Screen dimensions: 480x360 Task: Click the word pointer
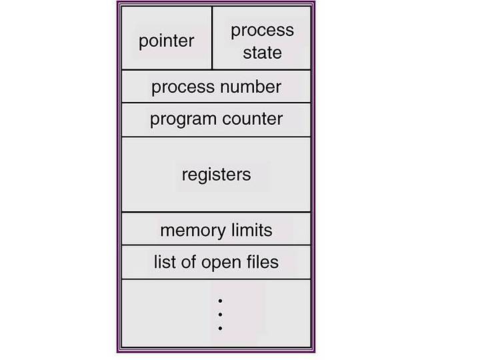(x=166, y=41)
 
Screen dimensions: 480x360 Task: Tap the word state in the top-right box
(x=263, y=53)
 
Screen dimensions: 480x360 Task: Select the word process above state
(x=263, y=31)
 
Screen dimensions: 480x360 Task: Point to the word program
(x=183, y=120)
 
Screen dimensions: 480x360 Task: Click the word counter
(x=252, y=119)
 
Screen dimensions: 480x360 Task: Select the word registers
(x=217, y=175)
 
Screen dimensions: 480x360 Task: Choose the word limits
(x=251, y=230)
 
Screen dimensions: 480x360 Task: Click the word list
(x=165, y=262)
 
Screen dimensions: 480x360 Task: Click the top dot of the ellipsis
(x=220, y=301)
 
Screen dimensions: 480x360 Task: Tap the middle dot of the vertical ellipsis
(x=220, y=315)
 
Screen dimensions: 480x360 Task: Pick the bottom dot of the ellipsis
(x=220, y=328)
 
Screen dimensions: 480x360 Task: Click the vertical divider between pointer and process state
(x=212, y=38)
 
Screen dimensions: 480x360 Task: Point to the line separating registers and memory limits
(x=216, y=212)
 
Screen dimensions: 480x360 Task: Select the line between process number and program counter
(x=216, y=103)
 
